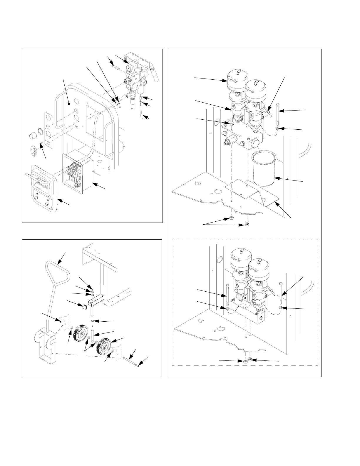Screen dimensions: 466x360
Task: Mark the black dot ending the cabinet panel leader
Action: coord(69,103)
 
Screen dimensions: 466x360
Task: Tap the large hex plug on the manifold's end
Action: coord(255,144)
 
